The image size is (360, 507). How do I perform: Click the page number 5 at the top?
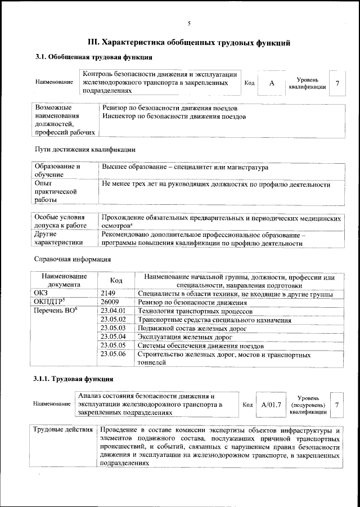click(x=189, y=23)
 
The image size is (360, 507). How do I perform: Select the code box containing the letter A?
click(x=272, y=83)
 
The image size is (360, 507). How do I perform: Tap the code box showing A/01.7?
click(x=271, y=405)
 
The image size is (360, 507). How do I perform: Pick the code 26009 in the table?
click(x=110, y=303)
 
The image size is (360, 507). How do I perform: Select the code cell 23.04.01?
click(x=112, y=311)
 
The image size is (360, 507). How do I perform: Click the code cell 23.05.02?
click(x=112, y=320)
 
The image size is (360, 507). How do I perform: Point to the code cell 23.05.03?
click(x=112, y=328)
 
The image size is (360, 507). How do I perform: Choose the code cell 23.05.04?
click(x=112, y=336)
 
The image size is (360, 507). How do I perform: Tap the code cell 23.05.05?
click(x=112, y=345)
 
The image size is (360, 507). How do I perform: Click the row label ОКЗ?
click(x=42, y=294)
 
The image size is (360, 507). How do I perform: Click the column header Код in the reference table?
click(x=116, y=280)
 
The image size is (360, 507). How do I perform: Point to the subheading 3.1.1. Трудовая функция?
click(x=66, y=378)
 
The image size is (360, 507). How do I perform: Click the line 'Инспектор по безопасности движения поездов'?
click(x=174, y=116)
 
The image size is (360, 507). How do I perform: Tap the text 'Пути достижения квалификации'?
click(x=85, y=150)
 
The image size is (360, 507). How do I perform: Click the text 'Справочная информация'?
click(x=73, y=259)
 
